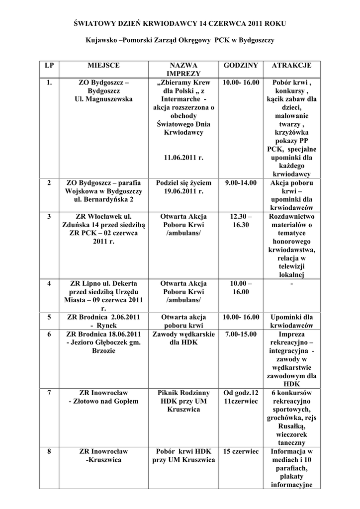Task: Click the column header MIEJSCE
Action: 103,65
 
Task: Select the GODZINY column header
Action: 241,65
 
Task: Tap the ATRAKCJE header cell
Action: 291,65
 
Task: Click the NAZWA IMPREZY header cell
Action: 183,69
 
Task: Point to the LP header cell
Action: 49,65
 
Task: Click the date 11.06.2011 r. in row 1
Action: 183,157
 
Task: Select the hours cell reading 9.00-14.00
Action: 241,183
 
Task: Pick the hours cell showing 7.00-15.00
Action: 241,334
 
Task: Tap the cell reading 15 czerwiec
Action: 241,451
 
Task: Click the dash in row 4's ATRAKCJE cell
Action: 291,283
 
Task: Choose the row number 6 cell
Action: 49,334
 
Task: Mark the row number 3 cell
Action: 49,217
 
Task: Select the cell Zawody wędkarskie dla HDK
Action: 183,338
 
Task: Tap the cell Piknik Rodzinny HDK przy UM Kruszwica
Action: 183,401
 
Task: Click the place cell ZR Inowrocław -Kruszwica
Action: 103,455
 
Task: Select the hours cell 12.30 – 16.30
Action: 241,221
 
